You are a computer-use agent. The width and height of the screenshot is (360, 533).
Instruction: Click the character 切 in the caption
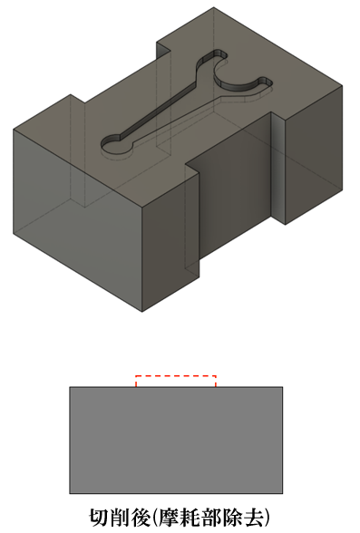(x=100, y=517)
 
